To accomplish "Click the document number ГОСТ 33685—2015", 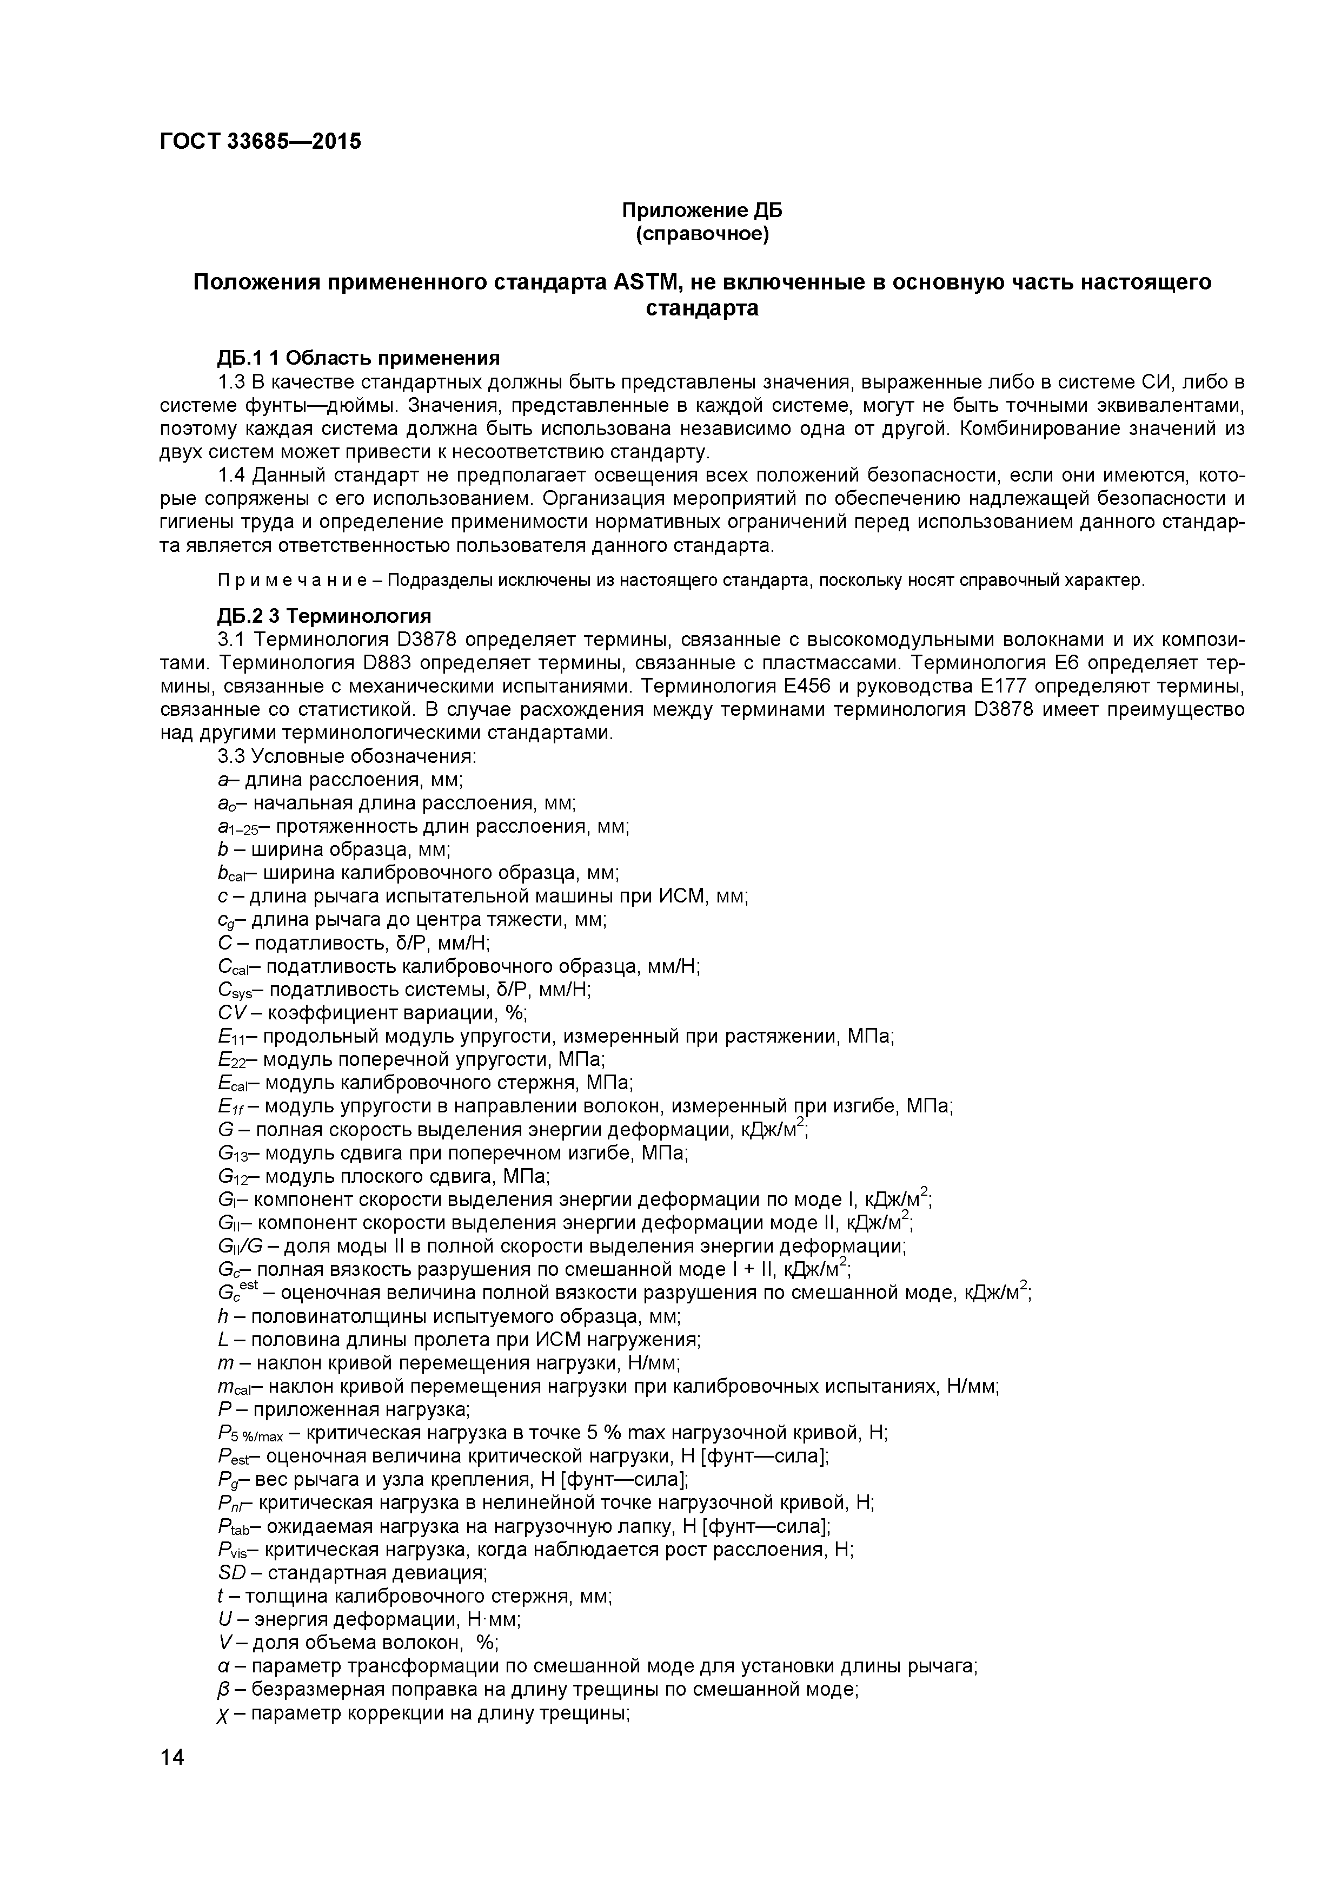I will [260, 141].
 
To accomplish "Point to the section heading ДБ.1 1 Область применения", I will [359, 358].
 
